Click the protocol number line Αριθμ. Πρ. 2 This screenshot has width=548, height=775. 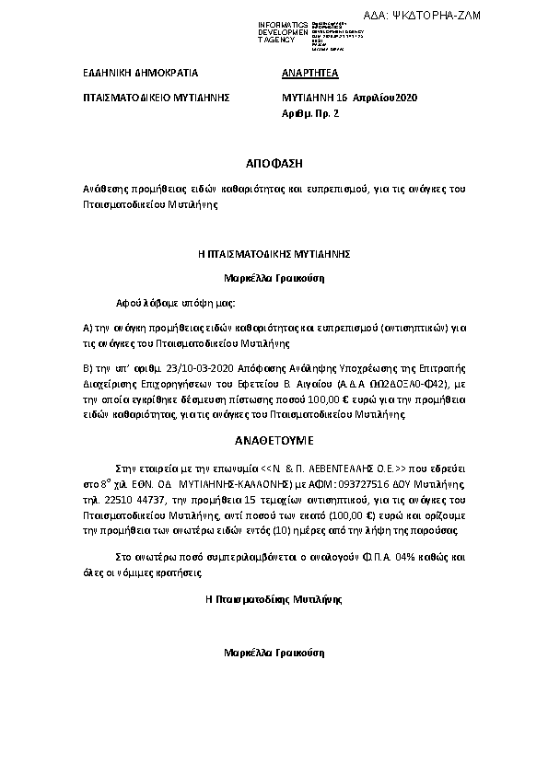[x=311, y=111]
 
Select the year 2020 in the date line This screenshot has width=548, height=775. [x=405, y=96]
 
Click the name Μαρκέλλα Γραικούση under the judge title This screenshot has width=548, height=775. [x=274, y=276]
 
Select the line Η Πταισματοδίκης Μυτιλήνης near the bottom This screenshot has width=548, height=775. [x=274, y=598]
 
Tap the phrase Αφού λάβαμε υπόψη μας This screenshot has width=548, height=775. [x=175, y=302]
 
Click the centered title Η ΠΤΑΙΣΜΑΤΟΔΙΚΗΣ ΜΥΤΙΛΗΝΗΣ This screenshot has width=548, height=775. [x=274, y=251]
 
